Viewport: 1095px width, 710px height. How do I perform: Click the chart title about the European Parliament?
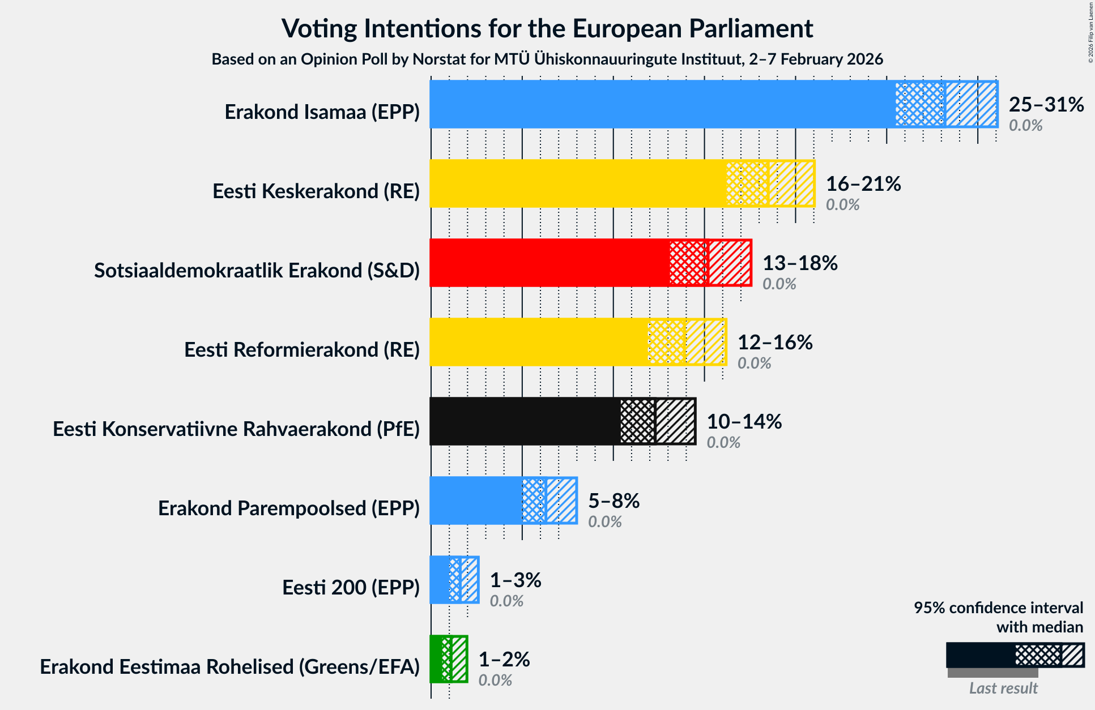click(547, 28)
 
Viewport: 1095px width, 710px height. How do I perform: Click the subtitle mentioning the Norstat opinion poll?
click(547, 59)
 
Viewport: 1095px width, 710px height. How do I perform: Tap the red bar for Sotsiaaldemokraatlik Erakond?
click(549, 263)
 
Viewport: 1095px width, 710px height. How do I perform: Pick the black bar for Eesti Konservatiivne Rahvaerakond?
click(525, 421)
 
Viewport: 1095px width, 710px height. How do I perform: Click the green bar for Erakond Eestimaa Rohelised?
click(436, 659)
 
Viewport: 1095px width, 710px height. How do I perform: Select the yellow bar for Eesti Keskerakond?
click(577, 183)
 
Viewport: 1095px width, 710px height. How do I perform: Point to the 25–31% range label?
click(1046, 105)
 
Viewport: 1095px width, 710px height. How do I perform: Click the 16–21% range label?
click(863, 184)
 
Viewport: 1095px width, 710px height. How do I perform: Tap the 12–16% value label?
click(774, 343)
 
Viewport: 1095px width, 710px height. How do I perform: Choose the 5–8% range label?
click(613, 501)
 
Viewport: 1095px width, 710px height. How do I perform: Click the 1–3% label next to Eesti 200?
click(515, 580)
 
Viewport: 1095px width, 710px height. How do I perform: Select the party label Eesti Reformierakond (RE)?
click(302, 350)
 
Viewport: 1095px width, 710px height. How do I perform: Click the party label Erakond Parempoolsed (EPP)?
click(289, 508)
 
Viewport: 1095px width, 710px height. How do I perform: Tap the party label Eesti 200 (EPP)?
click(351, 588)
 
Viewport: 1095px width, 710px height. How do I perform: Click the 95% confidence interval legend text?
click(998, 617)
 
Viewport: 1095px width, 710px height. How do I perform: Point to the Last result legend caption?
click(1003, 688)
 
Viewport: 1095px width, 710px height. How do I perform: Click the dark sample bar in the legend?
click(980, 656)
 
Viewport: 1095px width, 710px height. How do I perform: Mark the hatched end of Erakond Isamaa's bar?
click(972, 104)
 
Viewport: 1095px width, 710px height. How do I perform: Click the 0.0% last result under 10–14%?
click(723, 442)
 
